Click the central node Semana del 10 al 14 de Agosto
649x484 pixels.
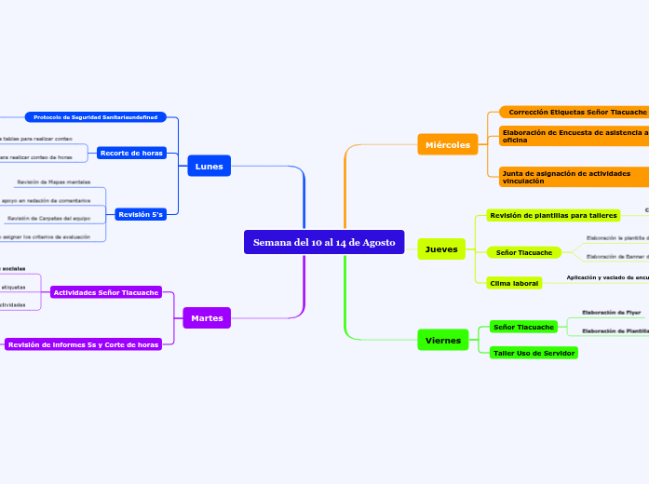[x=324, y=242]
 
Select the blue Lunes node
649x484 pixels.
[x=209, y=167]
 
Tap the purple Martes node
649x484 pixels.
[x=206, y=318]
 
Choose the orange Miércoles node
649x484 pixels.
[x=447, y=144]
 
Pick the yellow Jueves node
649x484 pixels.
[x=440, y=249]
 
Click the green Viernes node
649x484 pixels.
[x=443, y=341]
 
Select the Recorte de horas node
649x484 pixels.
[x=131, y=153]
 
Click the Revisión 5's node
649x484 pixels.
[x=141, y=214]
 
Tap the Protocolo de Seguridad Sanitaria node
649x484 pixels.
[x=96, y=117]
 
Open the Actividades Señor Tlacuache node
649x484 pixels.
[x=105, y=292]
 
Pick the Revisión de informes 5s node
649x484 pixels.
[x=84, y=344]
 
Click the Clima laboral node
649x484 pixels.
[x=514, y=282]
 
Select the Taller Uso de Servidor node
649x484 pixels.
[x=534, y=353]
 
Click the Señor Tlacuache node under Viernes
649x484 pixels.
[x=523, y=327]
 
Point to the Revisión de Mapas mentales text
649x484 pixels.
[x=53, y=181]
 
